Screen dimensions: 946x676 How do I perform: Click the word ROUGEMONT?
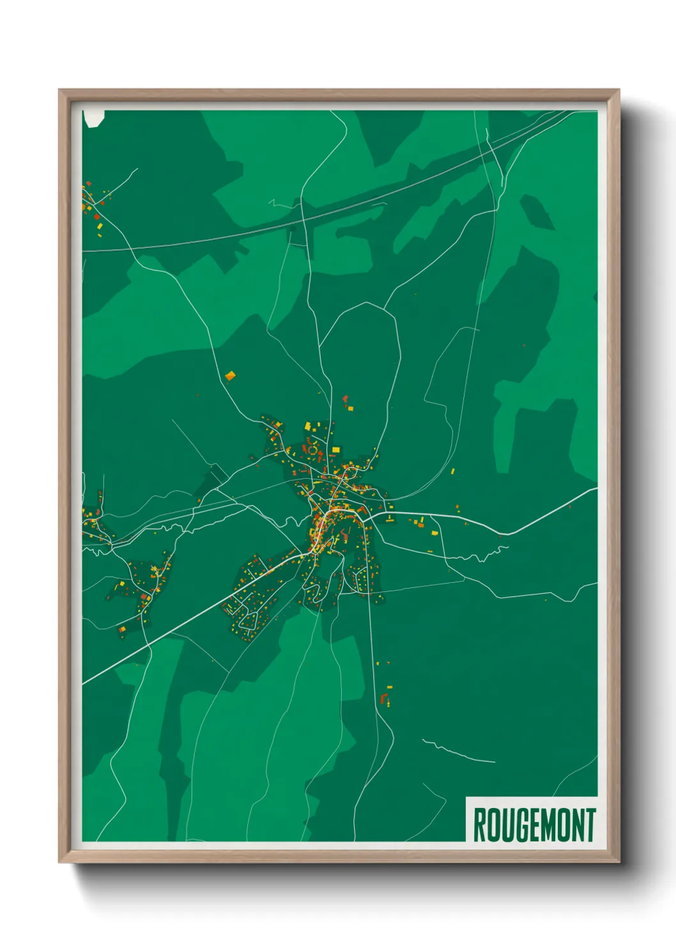534,825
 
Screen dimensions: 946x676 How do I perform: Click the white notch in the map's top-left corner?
93,118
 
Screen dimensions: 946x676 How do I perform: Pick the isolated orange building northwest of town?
231,376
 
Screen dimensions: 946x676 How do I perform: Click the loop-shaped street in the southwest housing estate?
250,618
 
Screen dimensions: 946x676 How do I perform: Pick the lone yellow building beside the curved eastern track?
453,472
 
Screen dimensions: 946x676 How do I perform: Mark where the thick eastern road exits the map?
595,489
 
